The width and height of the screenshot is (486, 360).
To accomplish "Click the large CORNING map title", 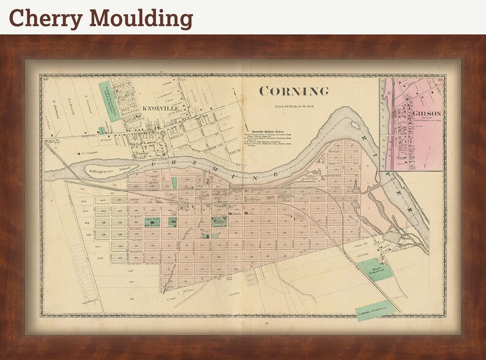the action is tap(294, 92).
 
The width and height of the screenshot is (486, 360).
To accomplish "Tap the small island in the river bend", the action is tap(355, 126).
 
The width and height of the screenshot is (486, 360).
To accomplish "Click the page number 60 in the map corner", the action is tap(45, 78).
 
